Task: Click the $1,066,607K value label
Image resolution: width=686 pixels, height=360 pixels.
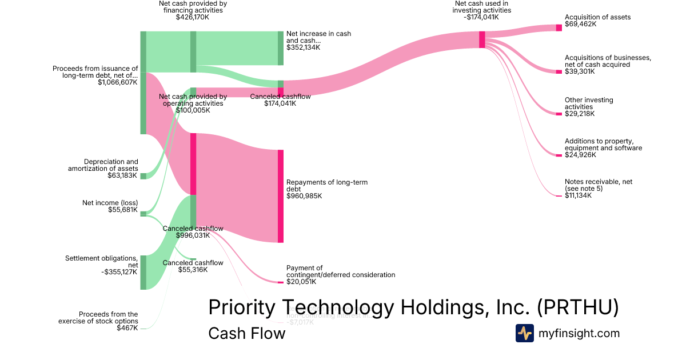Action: click(118, 82)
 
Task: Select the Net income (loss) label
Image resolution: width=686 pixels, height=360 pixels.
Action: click(110, 203)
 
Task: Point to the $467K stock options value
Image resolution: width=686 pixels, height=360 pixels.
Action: click(127, 328)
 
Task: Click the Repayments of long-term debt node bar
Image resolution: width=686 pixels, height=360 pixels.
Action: click(281, 196)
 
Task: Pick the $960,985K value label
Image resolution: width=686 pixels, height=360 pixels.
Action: click(304, 196)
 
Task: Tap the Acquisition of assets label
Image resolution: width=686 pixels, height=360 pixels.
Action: click(597, 17)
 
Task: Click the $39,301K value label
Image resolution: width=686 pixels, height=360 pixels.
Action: click(580, 72)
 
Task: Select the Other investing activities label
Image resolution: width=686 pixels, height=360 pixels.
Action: click(589, 103)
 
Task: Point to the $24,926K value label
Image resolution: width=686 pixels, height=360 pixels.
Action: click(580, 155)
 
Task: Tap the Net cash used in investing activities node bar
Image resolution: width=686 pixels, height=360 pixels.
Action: click(482, 39)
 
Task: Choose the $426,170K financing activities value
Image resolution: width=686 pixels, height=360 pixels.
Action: click(193, 17)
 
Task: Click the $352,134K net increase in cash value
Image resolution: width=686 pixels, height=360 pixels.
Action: click(304, 47)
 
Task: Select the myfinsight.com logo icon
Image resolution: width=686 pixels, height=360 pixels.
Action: click(524, 333)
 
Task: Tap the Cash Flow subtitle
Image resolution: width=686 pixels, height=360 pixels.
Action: click(246, 333)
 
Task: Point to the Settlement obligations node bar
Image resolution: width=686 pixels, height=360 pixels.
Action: click(143, 273)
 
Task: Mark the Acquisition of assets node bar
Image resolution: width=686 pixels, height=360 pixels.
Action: click(559, 27)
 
